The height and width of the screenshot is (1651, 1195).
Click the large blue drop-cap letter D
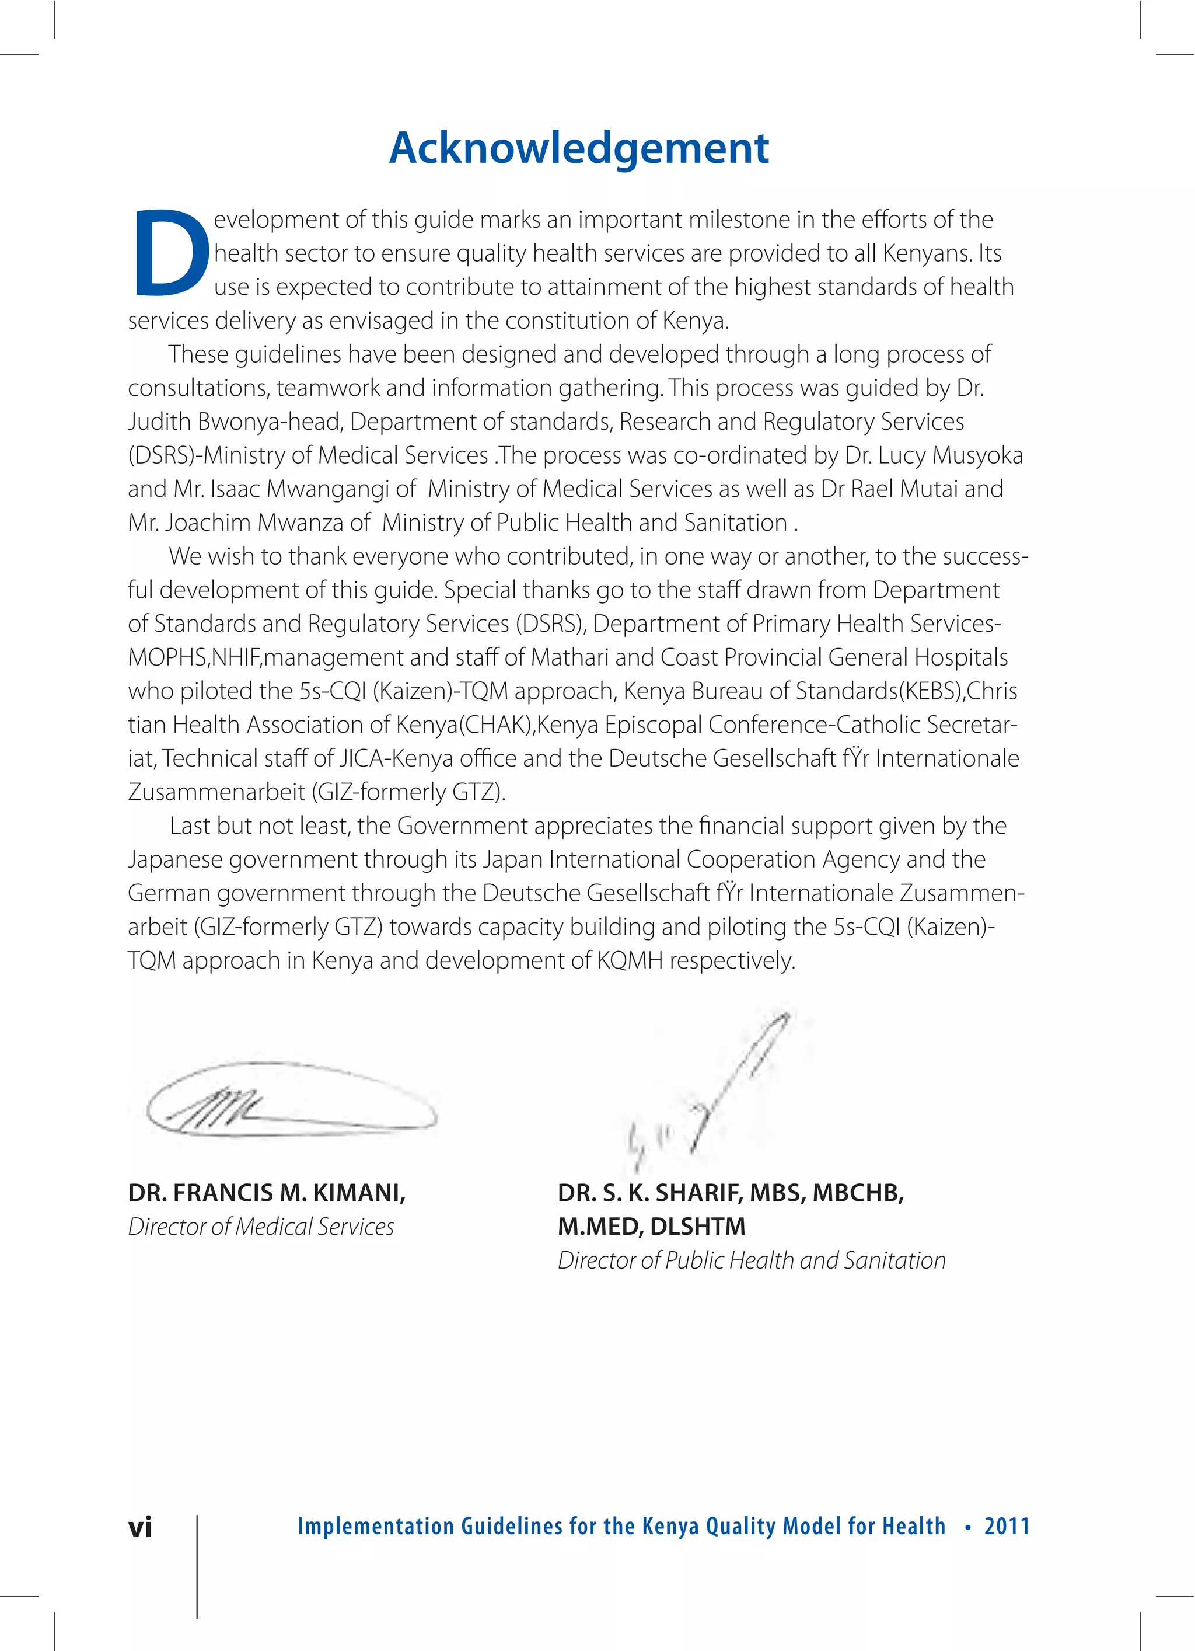[x=169, y=253]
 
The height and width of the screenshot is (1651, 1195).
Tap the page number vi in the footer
[x=141, y=1527]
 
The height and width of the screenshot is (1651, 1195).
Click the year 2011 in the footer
[x=1007, y=1526]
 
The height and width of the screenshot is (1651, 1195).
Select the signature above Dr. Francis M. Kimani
[x=291, y=1099]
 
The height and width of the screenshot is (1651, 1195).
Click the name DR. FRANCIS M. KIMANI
[x=266, y=1193]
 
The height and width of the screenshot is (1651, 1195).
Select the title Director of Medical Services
[x=261, y=1227]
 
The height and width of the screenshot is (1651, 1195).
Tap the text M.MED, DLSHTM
[x=651, y=1227]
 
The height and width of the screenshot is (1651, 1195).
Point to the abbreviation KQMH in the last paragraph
[x=630, y=961]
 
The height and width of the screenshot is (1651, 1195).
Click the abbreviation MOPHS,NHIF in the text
[x=194, y=657]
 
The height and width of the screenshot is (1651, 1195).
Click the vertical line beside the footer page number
[x=197, y=1565]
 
